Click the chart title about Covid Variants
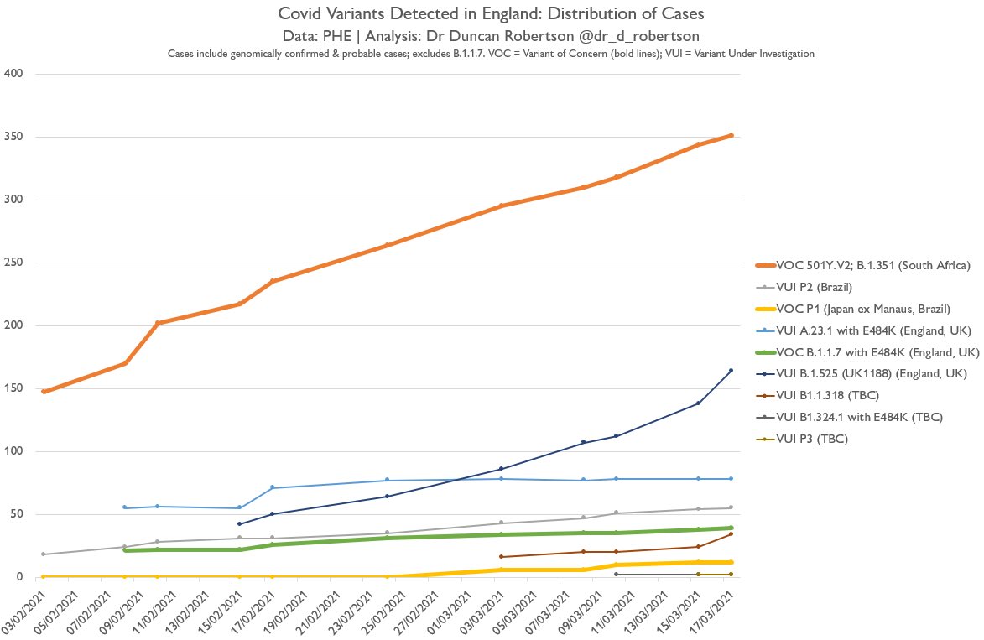(492, 15)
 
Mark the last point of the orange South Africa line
(731, 135)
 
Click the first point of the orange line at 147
(44, 392)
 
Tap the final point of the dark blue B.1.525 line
(731, 371)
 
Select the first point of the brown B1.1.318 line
(501, 557)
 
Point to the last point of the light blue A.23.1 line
(731, 479)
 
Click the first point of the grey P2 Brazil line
(44, 554)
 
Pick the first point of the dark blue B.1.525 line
(240, 524)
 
